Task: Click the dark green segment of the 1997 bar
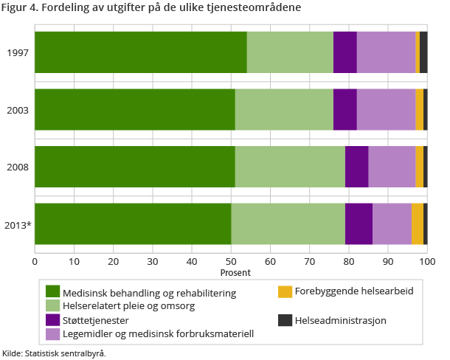tap(140, 52)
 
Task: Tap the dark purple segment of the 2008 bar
tap(356, 167)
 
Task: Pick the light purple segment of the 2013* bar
tap(392, 224)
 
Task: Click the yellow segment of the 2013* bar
tap(417, 224)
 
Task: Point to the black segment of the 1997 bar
tap(423, 52)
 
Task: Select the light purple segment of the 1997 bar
tap(386, 52)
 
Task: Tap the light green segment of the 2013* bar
tap(288, 224)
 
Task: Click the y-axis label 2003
tap(18, 110)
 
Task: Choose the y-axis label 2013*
tap(18, 224)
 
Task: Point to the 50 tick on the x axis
tap(231, 260)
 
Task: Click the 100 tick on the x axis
tap(427, 260)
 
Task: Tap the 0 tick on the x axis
tap(35, 260)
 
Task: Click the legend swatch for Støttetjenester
tap(52, 320)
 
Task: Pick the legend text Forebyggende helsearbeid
tap(353, 291)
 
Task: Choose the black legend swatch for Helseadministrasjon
tap(285, 320)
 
